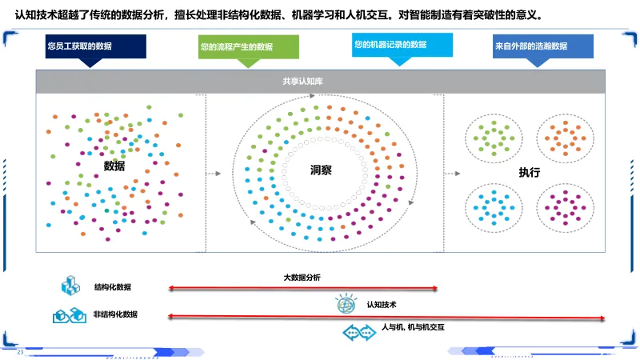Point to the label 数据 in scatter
[x=114, y=166]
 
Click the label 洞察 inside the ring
[x=322, y=170]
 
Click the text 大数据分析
[x=302, y=278]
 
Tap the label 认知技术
[x=382, y=305]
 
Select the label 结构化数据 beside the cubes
[x=113, y=287]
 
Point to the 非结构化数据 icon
[x=69, y=315]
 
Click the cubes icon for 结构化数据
[x=70, y=286]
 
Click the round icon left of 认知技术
[x=346, y=305]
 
